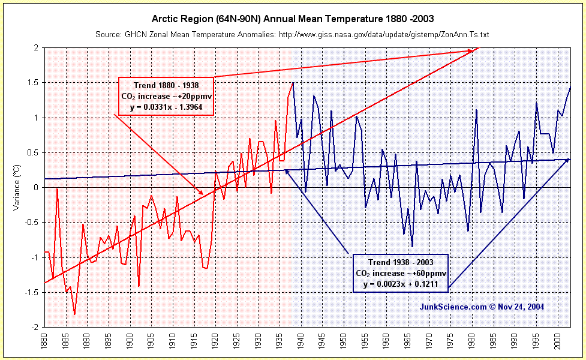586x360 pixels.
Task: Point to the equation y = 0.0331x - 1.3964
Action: tap(166, 107)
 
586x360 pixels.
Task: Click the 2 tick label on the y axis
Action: tap(35, 48)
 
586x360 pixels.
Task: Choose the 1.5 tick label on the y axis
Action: tap(33, 83)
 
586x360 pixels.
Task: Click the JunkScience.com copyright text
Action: tap(482, 307)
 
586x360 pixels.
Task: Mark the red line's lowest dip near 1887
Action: tap(74, 314)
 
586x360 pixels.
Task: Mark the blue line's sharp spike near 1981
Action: tap(476, 110)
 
